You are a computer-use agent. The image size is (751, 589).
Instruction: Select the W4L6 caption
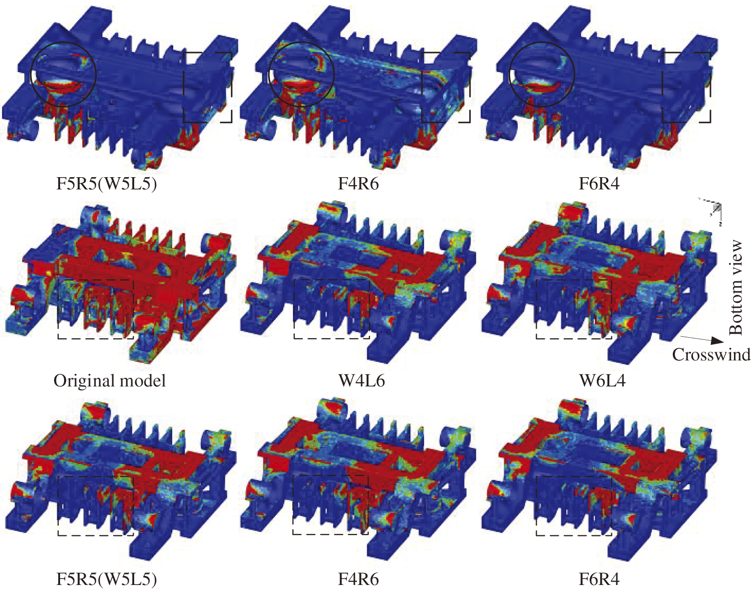pyautogui.click(x=361, y=381)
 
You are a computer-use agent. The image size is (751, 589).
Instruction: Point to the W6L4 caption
pyautogui.click(x=602, y=381)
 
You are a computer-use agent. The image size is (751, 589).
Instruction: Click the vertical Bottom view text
pyautogui.click(x=735, y=288)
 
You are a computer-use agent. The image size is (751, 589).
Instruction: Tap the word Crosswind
pyautogui.click(x=711, y=354)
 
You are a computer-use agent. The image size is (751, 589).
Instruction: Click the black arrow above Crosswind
pyautogui.click(x=701, y=339)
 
